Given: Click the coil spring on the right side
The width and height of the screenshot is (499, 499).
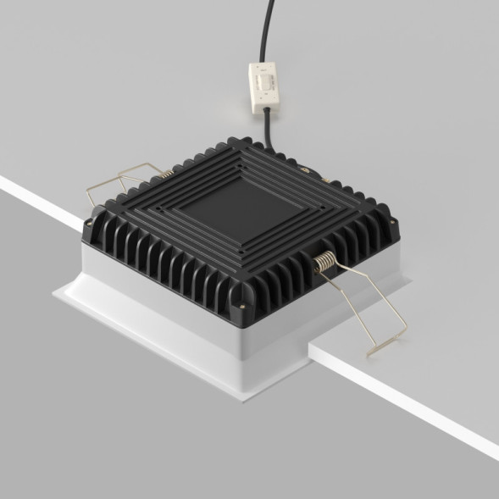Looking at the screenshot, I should point(324,263).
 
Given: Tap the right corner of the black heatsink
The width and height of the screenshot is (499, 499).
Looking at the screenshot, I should point(397,222).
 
